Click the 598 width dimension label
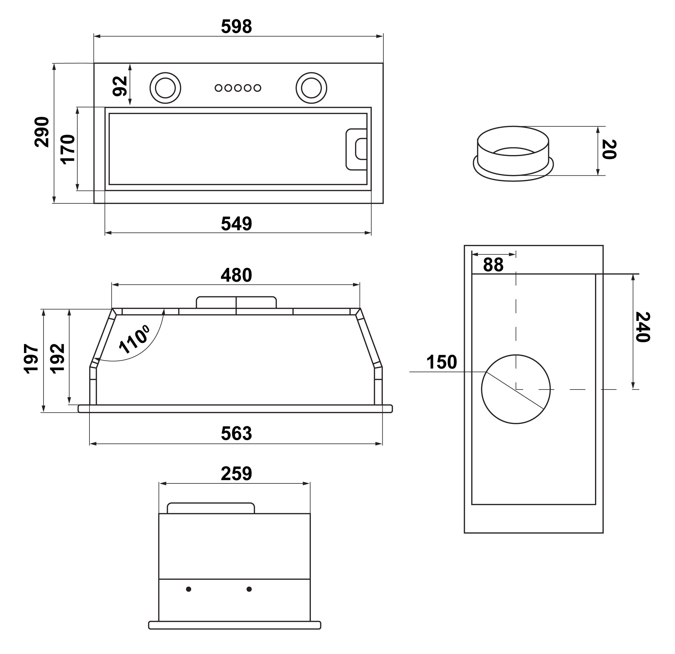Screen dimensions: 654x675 tap(236, 27)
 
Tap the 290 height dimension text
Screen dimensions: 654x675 tap(42, 132)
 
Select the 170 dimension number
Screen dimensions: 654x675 tap(68, 149)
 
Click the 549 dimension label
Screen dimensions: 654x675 tap(236, 224)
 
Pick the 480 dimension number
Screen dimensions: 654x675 tap(236, 275)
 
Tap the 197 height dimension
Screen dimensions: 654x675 tap(31, 358)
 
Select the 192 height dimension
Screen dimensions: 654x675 tap(57, 358)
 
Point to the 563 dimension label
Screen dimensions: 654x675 tap(236, 433)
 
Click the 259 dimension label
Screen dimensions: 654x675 tap(236, 474)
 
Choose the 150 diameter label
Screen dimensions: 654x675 tap(441, 362)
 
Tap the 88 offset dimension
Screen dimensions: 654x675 tap(493, 265)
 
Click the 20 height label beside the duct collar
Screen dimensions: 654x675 tap(609, 149)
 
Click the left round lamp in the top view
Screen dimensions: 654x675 tap(165, 88)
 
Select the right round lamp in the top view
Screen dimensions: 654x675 tap(311, 88)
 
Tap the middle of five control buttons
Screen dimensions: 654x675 tap(238, 88)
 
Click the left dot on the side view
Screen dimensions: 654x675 tap(188, 589)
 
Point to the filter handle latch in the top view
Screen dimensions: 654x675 tap(357, 149)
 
